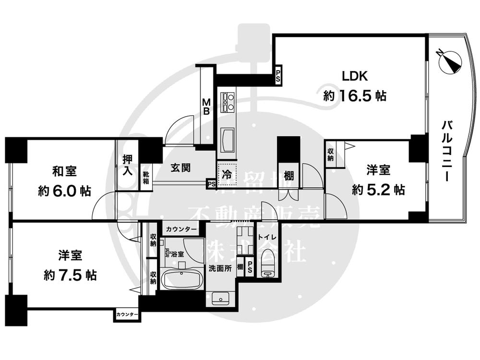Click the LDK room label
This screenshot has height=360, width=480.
pos(355,76)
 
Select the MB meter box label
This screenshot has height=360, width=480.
pos(206,106)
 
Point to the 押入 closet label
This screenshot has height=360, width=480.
pos(127,166)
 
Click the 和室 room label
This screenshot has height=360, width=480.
pos(64,171)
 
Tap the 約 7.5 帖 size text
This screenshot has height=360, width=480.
pos(70,275)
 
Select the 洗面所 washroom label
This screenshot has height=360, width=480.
pos(219,268)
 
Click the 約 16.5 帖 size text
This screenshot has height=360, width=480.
pos(355,96)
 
